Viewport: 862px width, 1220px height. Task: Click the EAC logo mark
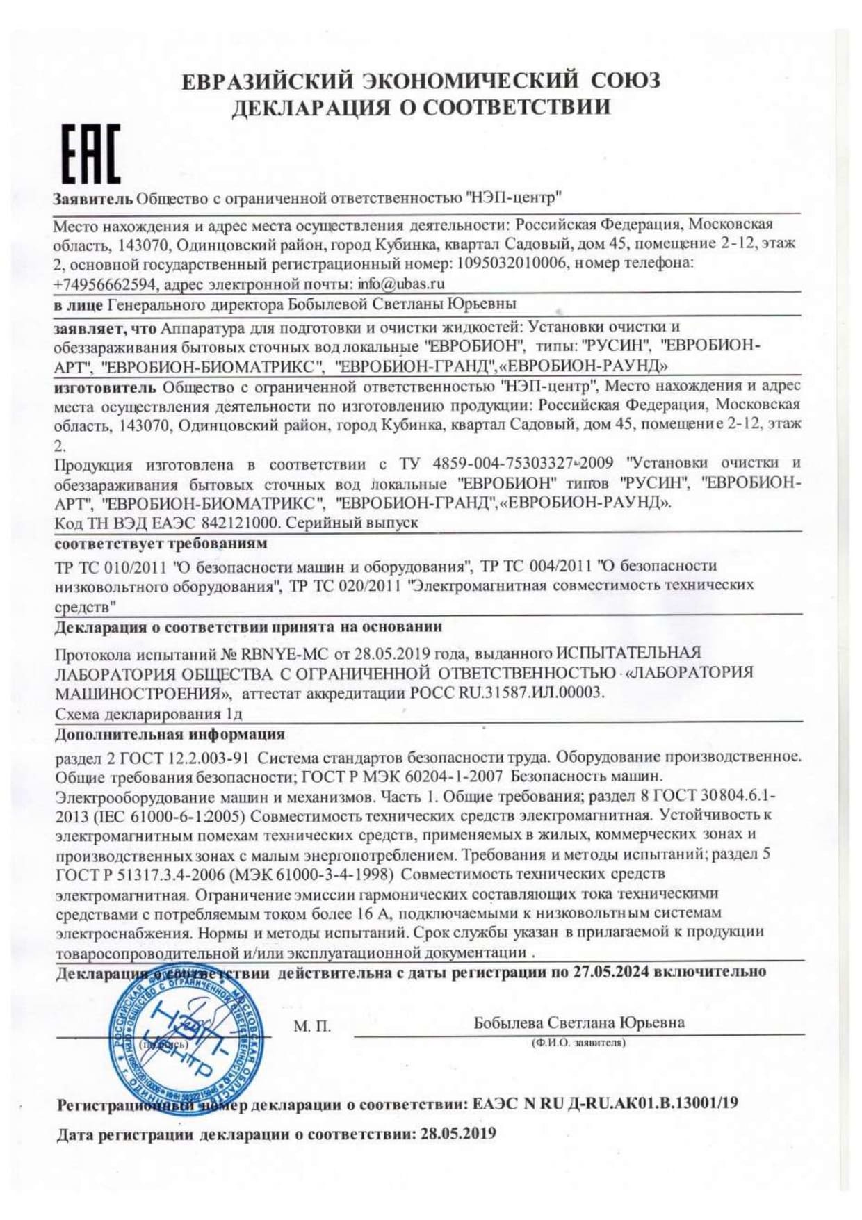(x=91, y=154)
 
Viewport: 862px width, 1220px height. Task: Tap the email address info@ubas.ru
(x=401, y=284)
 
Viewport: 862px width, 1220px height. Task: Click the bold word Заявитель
(x=93, y=199)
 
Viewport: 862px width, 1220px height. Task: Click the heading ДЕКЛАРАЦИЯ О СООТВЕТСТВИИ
(x=421, y=108)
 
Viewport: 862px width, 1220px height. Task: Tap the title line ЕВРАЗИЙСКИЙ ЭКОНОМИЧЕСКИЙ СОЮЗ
(x=421, y=81)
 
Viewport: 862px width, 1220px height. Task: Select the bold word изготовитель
(x=105, y=387)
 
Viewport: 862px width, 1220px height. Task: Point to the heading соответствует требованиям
(x=161, y=544)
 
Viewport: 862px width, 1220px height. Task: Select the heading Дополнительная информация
(x=170, y=734)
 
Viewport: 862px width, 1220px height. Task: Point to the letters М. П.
(x=312, y=1027)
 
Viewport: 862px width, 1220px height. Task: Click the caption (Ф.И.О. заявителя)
(x=578, y=1043)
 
